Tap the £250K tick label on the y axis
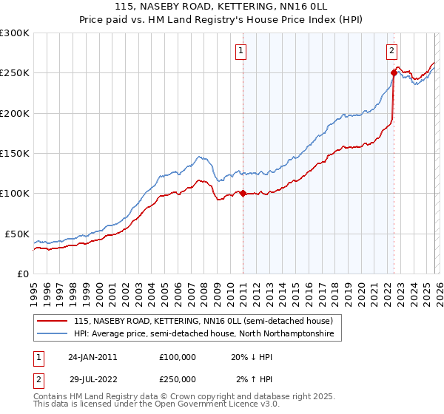click(15, 73)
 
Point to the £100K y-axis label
click(15, 193)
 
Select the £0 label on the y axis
click(22, 274)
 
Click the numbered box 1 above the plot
click(242, 51)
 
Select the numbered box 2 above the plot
click(391, 51)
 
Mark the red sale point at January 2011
click(243, 194)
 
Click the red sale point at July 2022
click(394, 73)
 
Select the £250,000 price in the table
click(178, 379)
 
